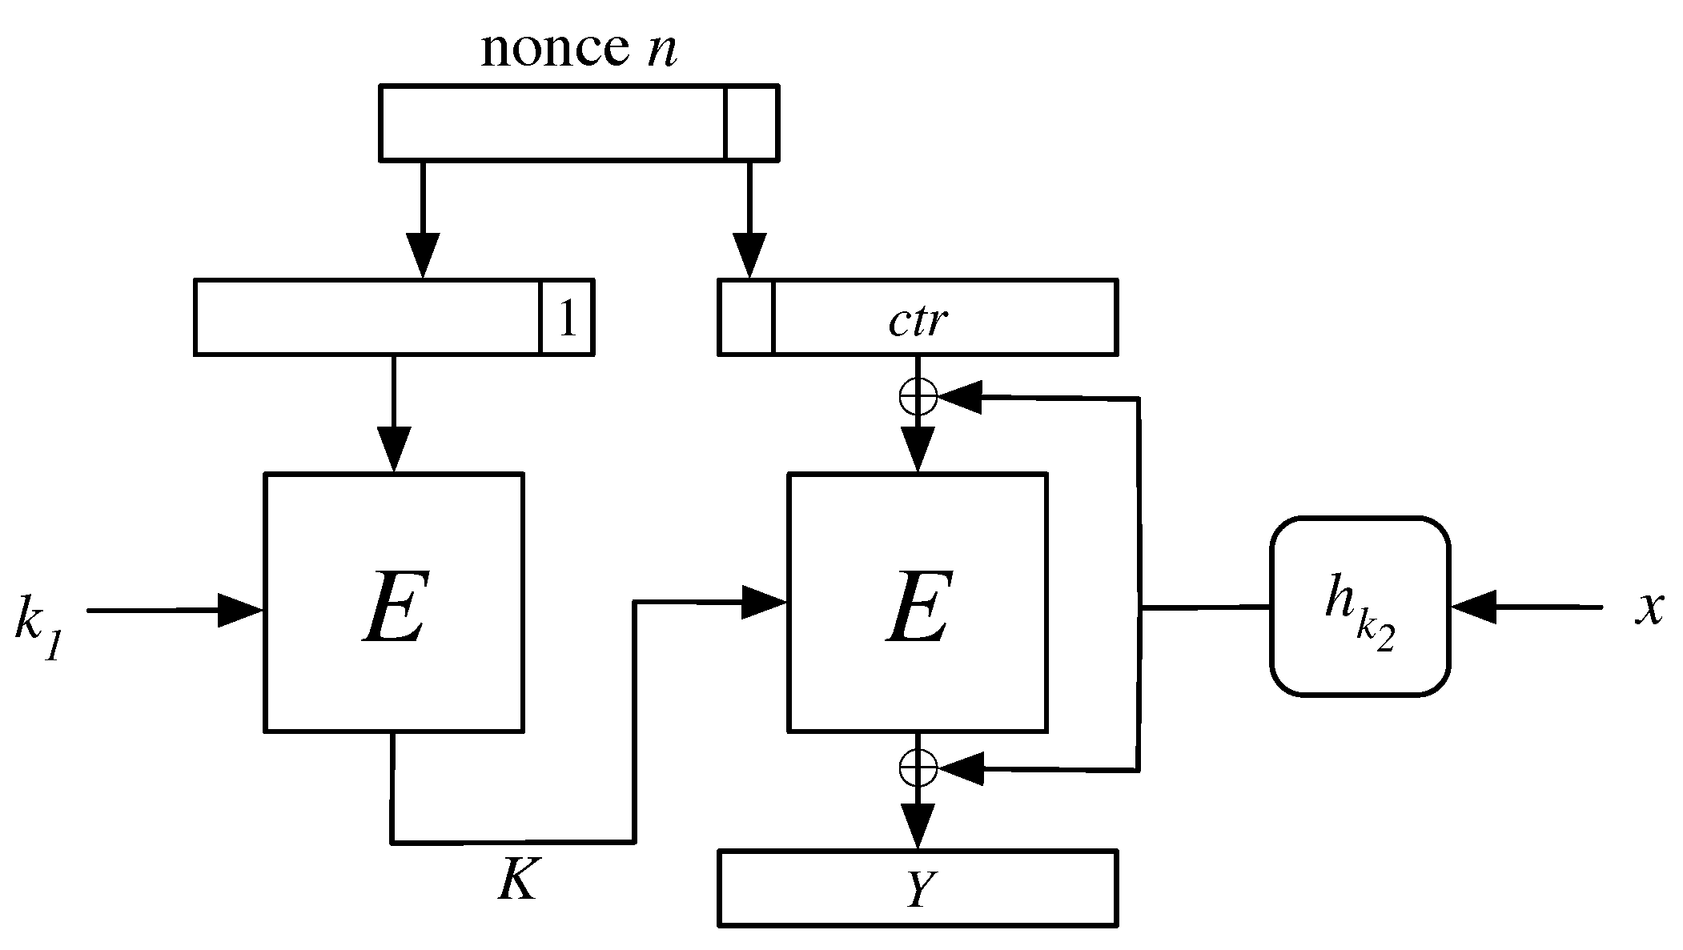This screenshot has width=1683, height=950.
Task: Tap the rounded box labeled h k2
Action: (x=1360, y=606)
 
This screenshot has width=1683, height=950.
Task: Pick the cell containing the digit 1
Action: (x=567, y=318)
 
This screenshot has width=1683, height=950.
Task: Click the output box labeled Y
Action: (x=918, y=888)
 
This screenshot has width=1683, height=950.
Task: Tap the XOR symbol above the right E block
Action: (x=918, y=396)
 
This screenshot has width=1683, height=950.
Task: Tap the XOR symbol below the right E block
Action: (x=918, y=768)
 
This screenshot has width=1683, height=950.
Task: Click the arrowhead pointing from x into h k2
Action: (x=1473, y=607)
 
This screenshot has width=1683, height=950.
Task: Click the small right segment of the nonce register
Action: (x=751, y=122)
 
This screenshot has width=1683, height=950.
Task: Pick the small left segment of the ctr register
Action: (x=746, y=318)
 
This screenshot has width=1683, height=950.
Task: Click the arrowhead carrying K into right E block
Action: (x=765, y=602)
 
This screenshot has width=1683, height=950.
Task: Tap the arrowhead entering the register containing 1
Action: (x=422, y=255)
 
